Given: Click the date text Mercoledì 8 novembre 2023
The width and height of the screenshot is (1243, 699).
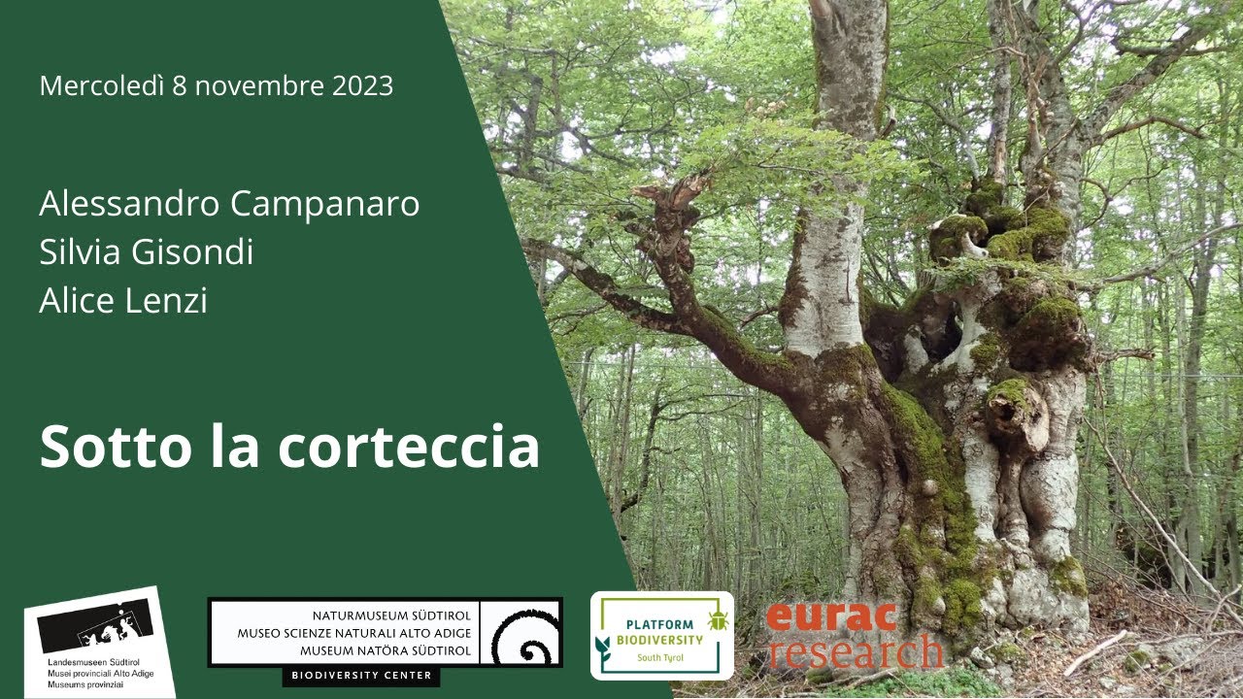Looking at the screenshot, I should click(x=216, y=85).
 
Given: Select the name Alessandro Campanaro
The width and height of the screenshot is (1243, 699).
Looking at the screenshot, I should click(x=229, y=205).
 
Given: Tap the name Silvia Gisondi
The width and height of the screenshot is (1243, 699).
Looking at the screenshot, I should click(x=146, y=252).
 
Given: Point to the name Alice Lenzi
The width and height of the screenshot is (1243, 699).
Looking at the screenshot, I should click(x=123, y=301).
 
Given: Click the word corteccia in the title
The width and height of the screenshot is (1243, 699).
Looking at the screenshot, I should click(x=408, y=446).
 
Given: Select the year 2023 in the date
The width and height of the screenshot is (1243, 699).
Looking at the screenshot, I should click(x=362, y=85).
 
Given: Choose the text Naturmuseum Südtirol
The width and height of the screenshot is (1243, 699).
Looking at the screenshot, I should click(x=391, y=616).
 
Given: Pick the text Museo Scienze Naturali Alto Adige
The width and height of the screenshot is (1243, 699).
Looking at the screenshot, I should click(x=354, y=633).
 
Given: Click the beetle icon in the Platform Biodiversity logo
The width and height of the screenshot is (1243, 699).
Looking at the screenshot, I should click(x=718, y=619).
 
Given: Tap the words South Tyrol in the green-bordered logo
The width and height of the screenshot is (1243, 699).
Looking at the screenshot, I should click(x=661, y=657).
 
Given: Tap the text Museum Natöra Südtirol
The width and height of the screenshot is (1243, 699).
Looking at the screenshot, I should click(x=386, y=650).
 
